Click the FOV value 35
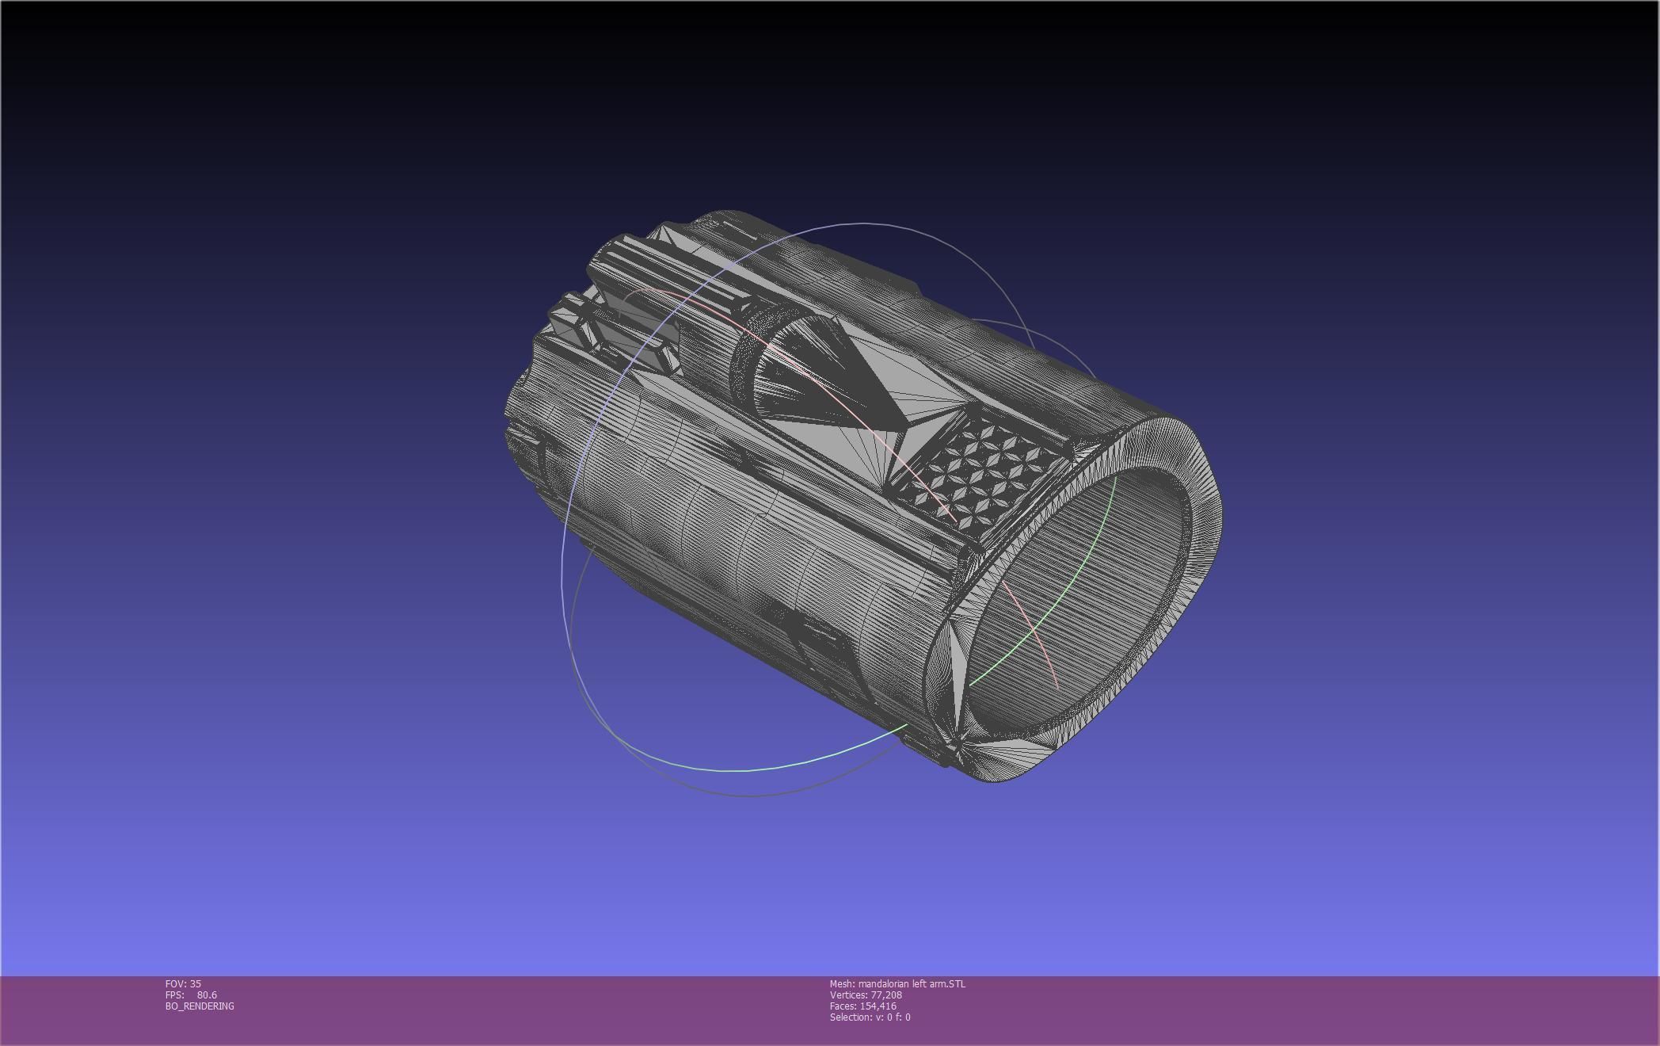tap(195, 984)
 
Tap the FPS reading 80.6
tap(207, 995)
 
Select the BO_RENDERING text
tap(200, 1006)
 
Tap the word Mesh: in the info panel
tap(843, 984)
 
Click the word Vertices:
tap(848, 995)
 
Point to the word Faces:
tap(843, 1006)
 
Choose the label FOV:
tap(175, 984)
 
